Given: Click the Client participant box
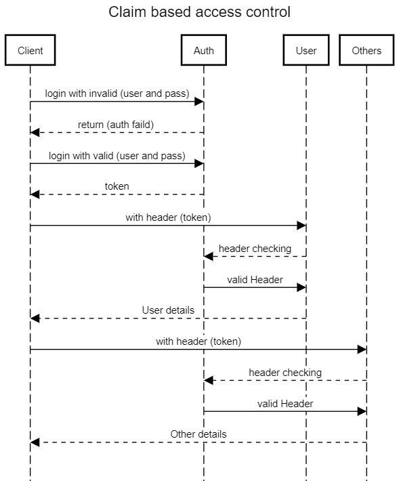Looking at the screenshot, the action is pyautogui.click(x=30, y=50).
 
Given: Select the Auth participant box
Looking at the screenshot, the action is pyautogui.click(x=204, y=50).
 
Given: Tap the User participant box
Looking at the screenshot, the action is pyautogui.click(x=306, y=50).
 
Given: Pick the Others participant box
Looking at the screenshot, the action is pyautogui.click(x=366, y=50).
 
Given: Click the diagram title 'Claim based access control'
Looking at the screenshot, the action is pyautogui.click(x=199, y=12).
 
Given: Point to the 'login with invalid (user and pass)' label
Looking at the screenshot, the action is pyautogui.click(x=117, y=93).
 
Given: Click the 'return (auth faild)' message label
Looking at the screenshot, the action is pyautogui.click(x=116, y=125).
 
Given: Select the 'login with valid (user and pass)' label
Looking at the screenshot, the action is pyautogui.click(x=117, y=156).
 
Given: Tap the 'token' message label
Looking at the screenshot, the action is pyautogui.click(x=117, y=186).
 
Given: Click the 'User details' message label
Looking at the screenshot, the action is pyautogui.click(x=168, y=310).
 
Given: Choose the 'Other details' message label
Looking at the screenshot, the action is pyautogui.click(x=198, y=434).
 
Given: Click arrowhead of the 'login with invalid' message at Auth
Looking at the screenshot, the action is pyautogui.click(x=199, y=102).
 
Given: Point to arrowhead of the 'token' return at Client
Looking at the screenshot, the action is pyautogui.click(x=35, y=194).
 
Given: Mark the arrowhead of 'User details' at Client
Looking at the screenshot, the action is pyautogui.click(x=35, y=318).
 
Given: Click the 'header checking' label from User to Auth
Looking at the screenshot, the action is pyautogui.click(x=255, y=249).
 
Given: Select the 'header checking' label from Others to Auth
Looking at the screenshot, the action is pyautogui.click(x=285, y=373).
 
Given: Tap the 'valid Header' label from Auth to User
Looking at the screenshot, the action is pyautogui.click(x=255, y=280).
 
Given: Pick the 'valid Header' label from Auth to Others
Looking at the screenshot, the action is pyautogui.click(x=285, y=403).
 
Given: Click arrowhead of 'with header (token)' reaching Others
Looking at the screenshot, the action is pyautogui.click(x=362, y=350).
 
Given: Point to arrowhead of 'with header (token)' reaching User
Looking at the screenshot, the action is pyautogui.click(x=301, y=226).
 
